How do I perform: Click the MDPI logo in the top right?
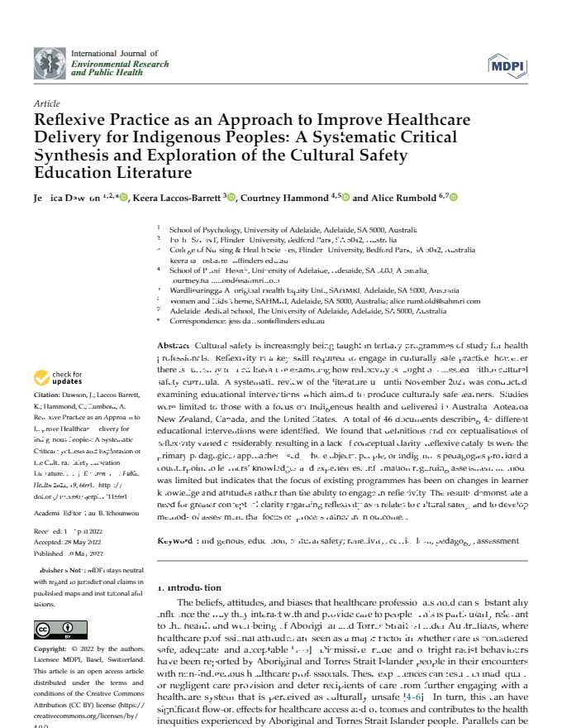503,65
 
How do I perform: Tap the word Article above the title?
46,104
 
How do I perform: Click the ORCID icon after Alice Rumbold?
454,198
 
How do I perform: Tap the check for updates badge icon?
41,378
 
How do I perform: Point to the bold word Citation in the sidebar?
49,395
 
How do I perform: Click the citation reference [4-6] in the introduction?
412,674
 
